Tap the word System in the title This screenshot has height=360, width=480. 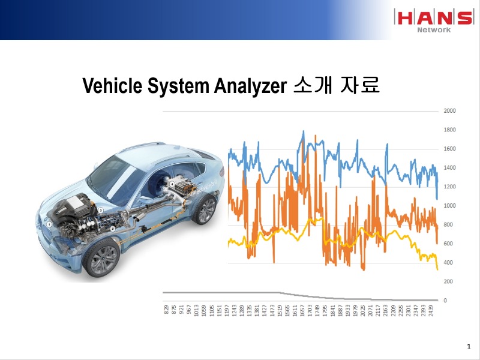(178, 86)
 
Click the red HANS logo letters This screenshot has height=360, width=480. (433, 17)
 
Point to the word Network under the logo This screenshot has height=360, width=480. (433, 29)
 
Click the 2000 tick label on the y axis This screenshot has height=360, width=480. (449, 111)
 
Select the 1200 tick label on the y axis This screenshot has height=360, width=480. (449, 187)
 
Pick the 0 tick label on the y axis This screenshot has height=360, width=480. (445, 301)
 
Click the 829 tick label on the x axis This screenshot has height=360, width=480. (167, 310)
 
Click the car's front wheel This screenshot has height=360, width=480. (101, 257)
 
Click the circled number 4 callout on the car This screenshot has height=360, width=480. (172, 183)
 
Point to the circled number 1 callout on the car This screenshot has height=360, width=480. (49, 224)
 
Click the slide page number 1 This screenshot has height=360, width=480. (468, 347)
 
